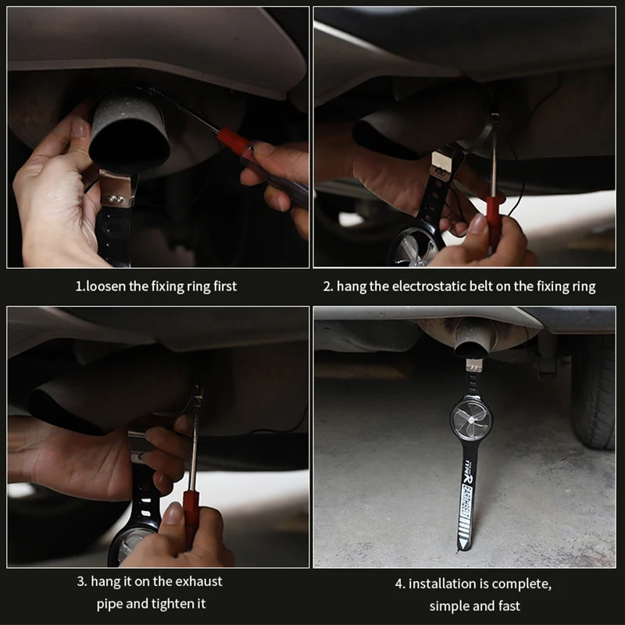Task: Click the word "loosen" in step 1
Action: pos(105,286)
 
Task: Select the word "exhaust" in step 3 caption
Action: pos(198,581)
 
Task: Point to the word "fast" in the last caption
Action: pos(509,606)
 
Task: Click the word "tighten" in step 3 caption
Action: pos(170,603)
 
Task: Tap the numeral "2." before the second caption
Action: pos(328,286)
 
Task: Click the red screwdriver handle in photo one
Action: pos(233,139)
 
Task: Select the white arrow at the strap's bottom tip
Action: pos(463,545)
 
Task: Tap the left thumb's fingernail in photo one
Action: pos(80,127)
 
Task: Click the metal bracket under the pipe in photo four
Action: pos(474,364)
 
